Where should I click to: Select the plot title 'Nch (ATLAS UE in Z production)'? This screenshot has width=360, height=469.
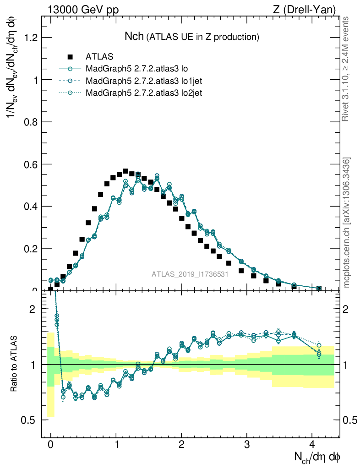192,36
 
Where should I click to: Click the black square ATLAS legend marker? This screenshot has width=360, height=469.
70,57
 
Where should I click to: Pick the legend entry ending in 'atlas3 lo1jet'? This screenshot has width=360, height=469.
143,81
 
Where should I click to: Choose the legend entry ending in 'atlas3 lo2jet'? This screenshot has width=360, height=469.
143,93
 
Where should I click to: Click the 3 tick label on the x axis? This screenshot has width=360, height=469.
247,445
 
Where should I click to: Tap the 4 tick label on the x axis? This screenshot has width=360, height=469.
312,445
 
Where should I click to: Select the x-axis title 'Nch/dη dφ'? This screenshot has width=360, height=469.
317,457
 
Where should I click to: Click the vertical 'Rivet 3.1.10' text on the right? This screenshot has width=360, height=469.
346,69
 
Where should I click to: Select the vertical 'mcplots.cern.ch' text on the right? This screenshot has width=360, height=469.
347,223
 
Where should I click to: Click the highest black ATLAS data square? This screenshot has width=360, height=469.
125,171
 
